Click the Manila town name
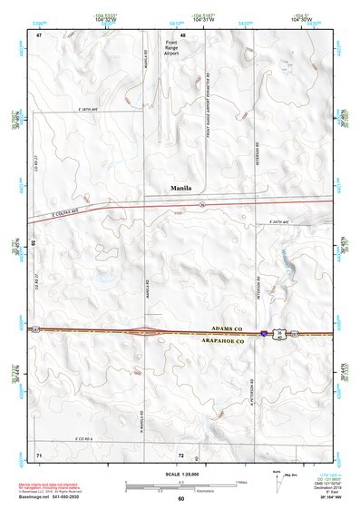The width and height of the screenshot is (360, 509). tap(181, 189)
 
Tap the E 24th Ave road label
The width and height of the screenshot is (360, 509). tap(283, 221)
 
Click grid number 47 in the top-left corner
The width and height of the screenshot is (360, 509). tap(39, 34)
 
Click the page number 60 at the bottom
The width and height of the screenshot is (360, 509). tap(181, 499)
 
